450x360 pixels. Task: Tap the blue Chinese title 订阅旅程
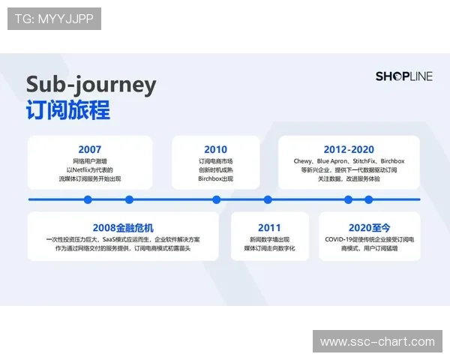[67, 109]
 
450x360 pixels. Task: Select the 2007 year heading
[89, 149]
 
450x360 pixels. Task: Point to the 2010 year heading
[215, 149]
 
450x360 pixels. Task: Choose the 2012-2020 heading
[349, 149]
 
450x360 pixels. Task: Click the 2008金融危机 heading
[124, 227]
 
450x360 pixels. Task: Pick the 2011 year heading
[269, 227]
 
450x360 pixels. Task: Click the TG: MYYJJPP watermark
[54, 19]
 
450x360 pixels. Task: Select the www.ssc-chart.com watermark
[377, 342]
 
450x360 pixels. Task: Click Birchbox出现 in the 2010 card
[215, 179]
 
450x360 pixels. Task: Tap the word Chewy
[303, 161]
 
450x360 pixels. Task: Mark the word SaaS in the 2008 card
[112, 239]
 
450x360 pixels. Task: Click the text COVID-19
[341, 239]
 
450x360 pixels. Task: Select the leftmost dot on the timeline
[88, 199]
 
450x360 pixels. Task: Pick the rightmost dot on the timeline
[368, 199]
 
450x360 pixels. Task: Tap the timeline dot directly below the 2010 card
[216, 199]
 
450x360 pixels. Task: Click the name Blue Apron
[333, 161]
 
